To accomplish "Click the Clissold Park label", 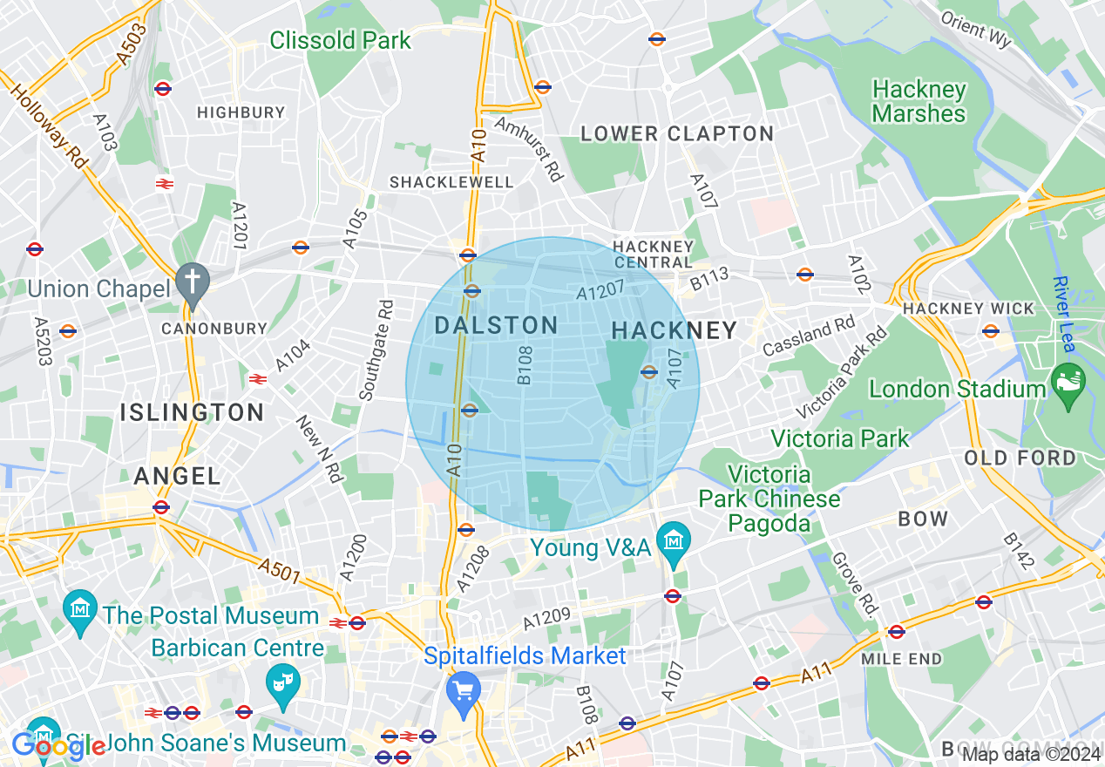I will tap(340, 40).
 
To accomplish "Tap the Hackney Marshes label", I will tap(919, 102).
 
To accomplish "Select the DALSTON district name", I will tap(495, 326).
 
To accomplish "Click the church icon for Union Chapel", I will tap(189, 282).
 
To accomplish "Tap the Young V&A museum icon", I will tap(673, 540).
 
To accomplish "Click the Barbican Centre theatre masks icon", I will tap(282, 677).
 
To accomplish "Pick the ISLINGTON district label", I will tap(192, 412).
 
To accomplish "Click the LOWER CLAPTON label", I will tap(677, 134).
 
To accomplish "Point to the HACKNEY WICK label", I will tap(968, 309).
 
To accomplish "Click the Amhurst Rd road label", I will tap(529, 147).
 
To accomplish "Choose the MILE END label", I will tap(901, 659).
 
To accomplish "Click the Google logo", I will tap(58, 745).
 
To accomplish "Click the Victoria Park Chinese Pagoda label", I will tap(769, 499).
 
